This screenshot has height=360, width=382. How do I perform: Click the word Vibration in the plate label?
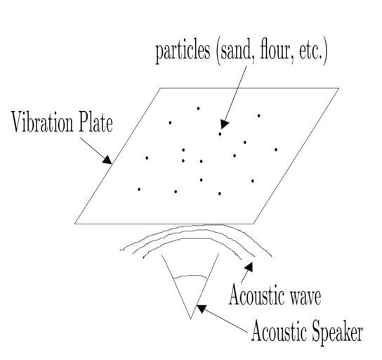coord(42,122)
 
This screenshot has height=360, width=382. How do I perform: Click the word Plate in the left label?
coord(95,122)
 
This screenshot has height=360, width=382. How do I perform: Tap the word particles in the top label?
coord(183,52)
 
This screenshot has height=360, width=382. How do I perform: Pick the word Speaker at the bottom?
coord(334,332)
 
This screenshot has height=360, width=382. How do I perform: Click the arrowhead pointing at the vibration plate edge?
coord(107,160)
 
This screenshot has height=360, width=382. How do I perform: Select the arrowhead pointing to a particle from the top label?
coord(225,124)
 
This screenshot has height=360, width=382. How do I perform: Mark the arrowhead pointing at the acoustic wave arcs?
coord(249,266)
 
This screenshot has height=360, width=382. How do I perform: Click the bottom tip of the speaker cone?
coord(191,319)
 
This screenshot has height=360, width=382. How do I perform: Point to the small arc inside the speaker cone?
coord(190,276)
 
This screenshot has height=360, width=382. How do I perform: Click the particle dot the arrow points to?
coord(220,134)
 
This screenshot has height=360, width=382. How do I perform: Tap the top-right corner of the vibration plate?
coord(339,88)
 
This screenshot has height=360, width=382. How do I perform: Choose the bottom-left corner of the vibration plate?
coord(75,224)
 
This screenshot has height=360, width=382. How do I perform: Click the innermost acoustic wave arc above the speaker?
coord(192,238)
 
